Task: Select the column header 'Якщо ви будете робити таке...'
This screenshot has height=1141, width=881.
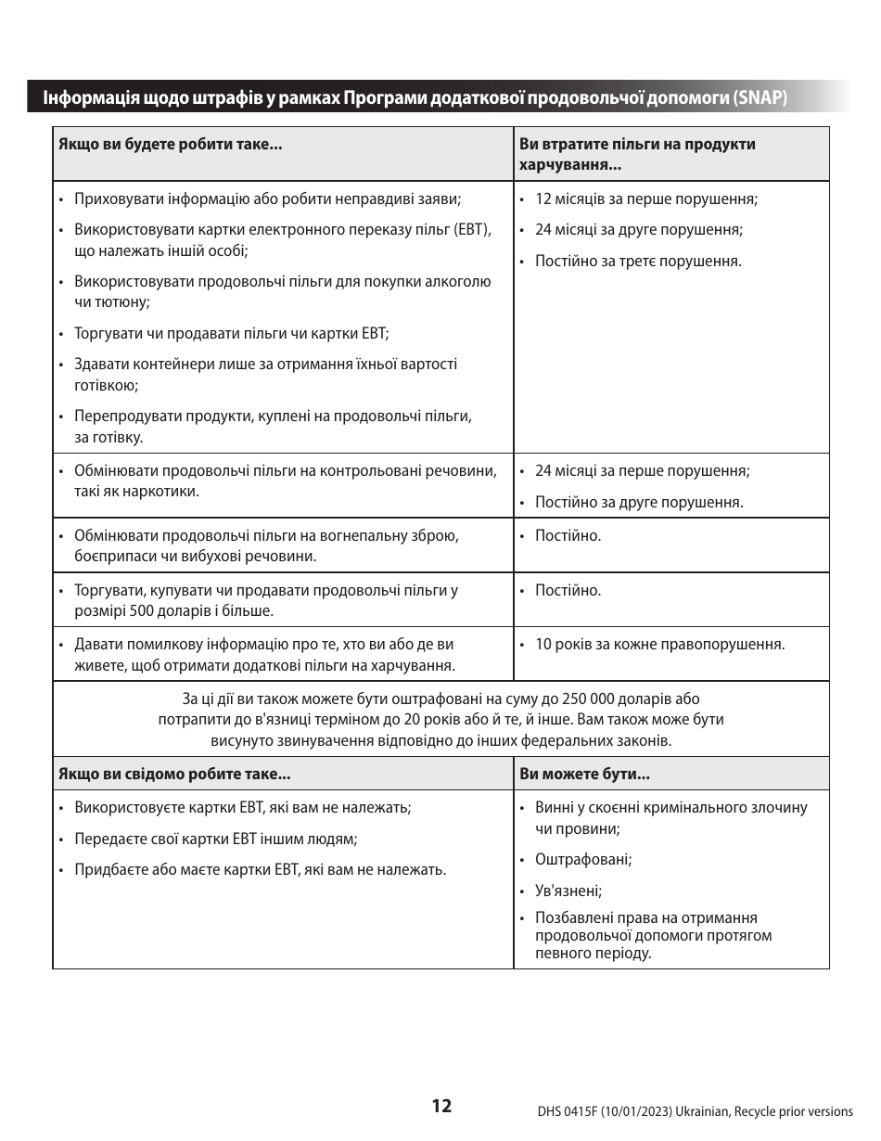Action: (171, 145)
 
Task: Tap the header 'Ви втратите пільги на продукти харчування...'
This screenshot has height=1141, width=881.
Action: (637, 154)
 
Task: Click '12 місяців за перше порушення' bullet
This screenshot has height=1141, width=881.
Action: (646, 199)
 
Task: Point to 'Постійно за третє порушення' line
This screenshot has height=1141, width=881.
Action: (638, 262)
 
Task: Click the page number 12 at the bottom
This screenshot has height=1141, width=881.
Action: (441, 1106)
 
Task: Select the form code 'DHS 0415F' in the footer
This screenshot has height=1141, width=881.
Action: (568, 1111)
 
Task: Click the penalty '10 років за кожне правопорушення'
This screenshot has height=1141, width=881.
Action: (659, 645)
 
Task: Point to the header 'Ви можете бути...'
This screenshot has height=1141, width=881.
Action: (585, 774)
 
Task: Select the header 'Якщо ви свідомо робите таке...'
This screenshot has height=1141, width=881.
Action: (174, 774)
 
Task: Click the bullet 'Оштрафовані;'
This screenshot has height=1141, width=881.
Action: (583, 860)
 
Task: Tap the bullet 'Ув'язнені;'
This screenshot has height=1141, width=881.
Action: (568, 891)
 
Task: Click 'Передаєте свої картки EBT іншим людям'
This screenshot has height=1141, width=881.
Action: (215, 840)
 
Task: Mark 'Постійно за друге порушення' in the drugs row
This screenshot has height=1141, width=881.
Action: (639, 503)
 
